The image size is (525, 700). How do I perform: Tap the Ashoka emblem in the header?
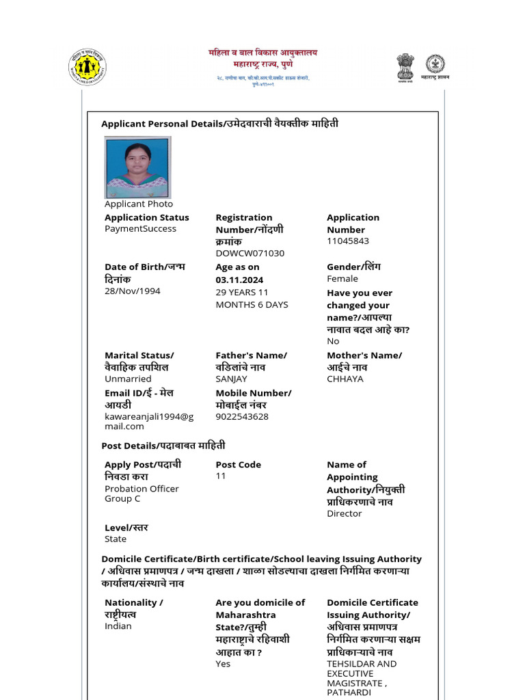(405, 67)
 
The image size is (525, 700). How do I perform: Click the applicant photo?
(137, 167)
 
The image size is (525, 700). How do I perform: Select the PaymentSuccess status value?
(140, 229)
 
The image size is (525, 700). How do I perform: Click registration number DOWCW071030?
(250, 254)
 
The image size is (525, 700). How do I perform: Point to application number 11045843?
(348, 241)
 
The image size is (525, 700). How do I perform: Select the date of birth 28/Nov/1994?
(133, 291)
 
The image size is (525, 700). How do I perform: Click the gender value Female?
(342, 279)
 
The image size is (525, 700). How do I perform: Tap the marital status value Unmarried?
(128, 379)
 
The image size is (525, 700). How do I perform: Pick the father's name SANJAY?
(232, 379)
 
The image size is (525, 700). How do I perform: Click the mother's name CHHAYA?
(345, 379)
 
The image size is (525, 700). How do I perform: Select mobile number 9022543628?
(242, 416)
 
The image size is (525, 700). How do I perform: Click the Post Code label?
(238, 465)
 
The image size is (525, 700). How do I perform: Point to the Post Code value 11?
(221, 476)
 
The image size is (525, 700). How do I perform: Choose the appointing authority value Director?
(345, 514)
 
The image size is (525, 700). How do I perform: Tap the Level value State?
(116, 539)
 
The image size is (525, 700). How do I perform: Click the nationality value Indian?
(118, 626)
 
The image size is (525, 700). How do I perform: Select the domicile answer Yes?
(223, 664)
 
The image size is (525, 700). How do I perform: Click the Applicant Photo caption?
(139, 204)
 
